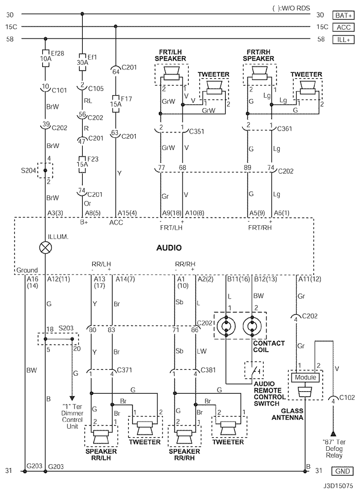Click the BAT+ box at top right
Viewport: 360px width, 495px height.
[343, 15]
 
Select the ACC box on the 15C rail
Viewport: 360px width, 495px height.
[343, 27]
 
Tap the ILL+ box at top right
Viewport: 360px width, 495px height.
[343, 40]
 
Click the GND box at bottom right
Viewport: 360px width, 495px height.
[343, 471]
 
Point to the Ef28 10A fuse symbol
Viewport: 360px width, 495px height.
[45, 58]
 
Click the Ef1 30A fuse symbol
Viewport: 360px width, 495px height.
[82, 62]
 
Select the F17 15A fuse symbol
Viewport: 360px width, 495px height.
[116, 103]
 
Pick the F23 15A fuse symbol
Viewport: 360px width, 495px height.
[82, 164]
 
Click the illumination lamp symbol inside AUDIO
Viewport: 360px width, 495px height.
[45, 248]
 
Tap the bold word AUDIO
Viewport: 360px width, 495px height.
[169, 248]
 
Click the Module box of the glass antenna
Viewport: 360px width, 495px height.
[305, 377]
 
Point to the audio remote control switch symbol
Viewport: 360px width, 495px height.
[254, 370]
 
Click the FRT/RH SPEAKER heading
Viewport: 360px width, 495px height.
[258, 55]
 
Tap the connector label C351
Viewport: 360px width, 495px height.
[196, 131]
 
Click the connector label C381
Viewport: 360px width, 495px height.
[208, 370]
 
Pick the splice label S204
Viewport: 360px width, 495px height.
[28, 171]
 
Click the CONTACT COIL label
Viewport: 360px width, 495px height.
[269, 346]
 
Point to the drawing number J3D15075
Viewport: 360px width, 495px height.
[338, 486]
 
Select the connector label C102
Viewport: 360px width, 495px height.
[347, 397]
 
